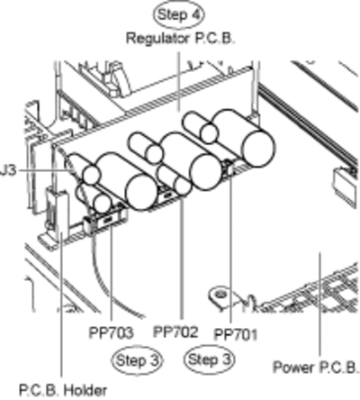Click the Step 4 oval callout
point(179,15)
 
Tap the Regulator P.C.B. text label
point(180,39)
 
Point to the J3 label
point(7,171)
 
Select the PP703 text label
point(111,332)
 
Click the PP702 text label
point(175,332)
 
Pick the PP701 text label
point(236,334)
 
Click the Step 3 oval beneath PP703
point(137,360)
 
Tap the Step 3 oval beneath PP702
point(209,359)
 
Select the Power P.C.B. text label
point(316,367)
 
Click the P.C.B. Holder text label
point(63,390)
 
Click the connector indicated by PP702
point(166,195)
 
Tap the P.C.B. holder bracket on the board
point(57,214)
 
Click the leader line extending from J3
point(45,170)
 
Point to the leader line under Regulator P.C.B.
point(179,82)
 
